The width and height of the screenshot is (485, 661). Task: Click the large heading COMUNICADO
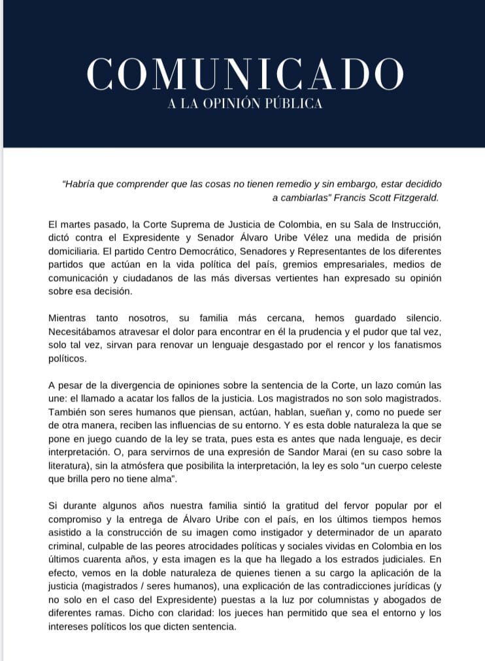(244, 74)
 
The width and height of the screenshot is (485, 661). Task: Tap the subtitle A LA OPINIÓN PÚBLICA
(244, 104)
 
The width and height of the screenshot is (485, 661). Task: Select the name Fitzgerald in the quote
(414, 197)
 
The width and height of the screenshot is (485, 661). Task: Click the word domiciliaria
(78, 251)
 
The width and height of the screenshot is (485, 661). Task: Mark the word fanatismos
(413, 345)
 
